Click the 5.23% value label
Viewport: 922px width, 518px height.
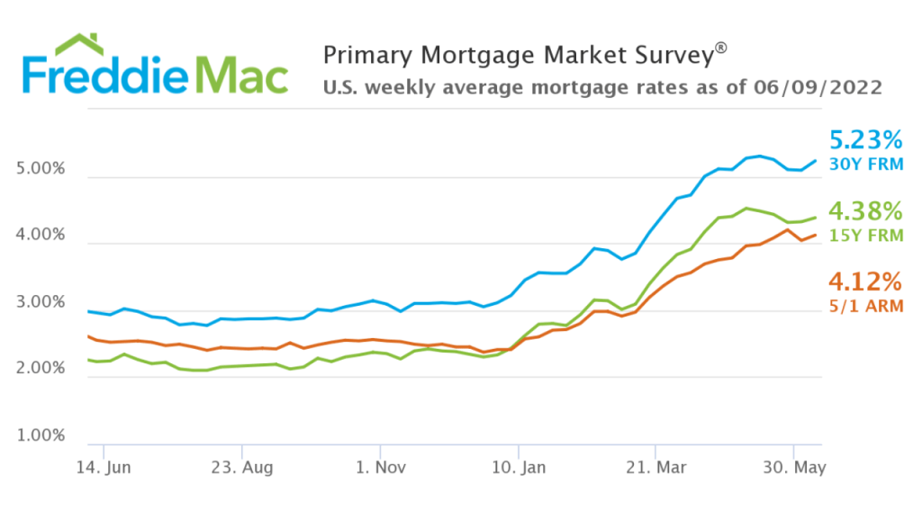[865, 140]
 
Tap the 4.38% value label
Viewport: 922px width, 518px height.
[865, 211]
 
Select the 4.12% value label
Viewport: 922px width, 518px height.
[865, 281]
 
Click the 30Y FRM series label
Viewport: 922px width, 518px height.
[865, 164]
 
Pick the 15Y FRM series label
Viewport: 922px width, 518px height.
[865, 236]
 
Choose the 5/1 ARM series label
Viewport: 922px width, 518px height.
[865, 306]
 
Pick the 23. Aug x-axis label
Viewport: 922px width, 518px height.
[242, 468]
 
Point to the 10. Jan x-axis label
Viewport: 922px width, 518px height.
[519, 468]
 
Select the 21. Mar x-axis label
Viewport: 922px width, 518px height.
[656, 468]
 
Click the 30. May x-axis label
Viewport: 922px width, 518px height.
[794, 468]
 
